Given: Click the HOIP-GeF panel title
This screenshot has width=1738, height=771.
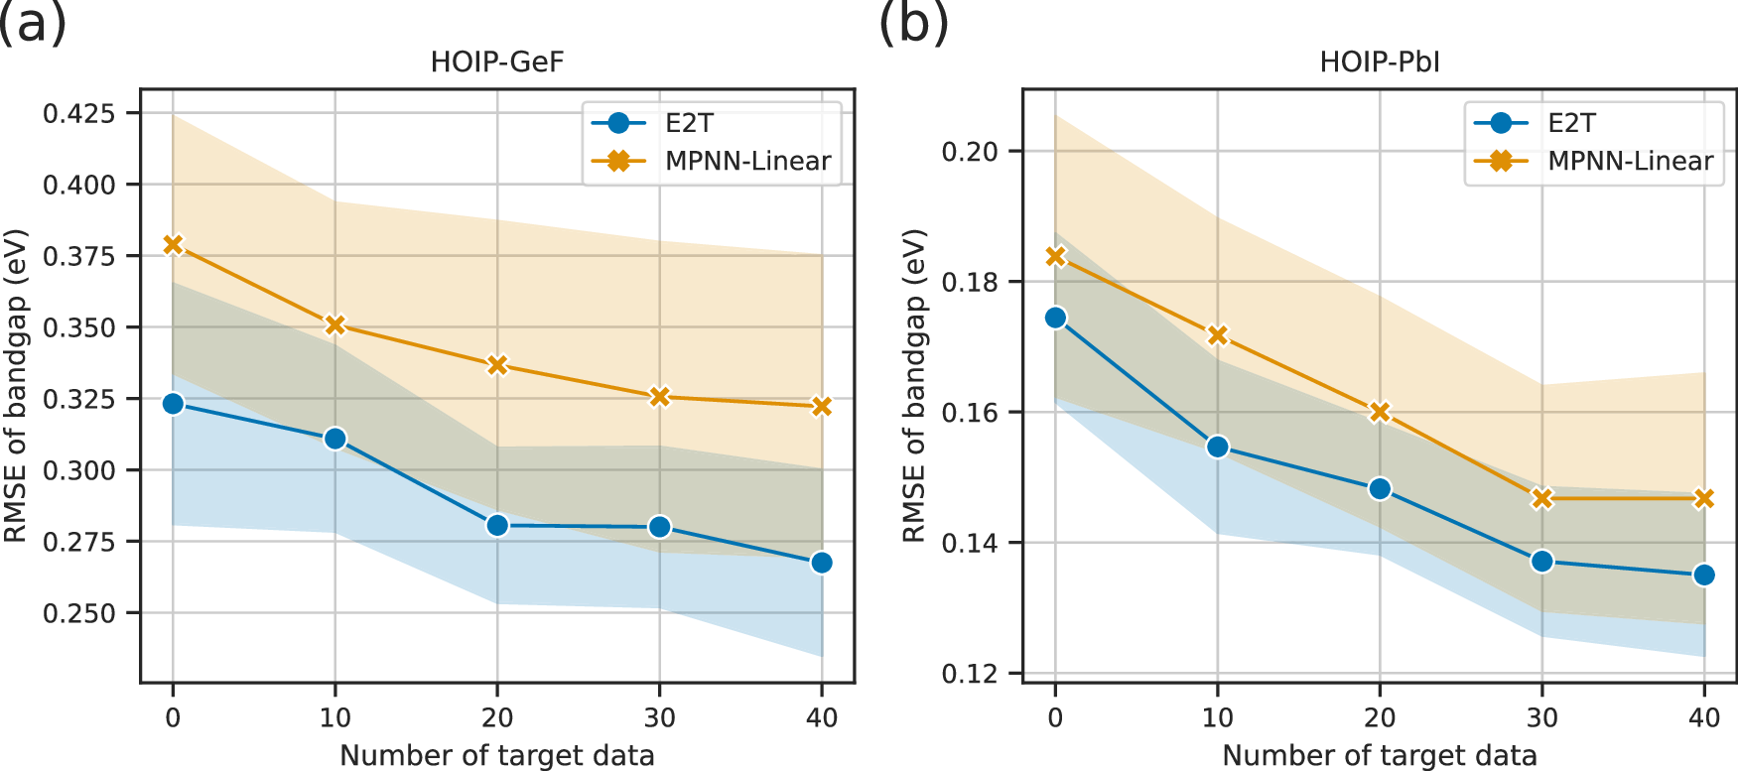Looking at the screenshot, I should click(x=496, y=63).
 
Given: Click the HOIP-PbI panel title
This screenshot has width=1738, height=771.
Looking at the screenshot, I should click(x=1379, y=63).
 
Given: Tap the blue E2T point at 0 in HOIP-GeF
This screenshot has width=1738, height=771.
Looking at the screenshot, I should click(x=173, y=404).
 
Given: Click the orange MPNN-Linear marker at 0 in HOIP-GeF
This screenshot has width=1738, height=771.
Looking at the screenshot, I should click(x=173, y=244).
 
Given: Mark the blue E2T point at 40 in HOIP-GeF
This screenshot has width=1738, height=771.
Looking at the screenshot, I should click(x=821, y=563).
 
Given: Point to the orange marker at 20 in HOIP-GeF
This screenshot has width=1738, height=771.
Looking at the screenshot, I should click(x=497, y=365).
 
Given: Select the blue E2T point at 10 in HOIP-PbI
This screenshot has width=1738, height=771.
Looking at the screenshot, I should click(x=1218, y=448).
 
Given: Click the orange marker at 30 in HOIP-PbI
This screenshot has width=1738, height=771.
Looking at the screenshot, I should click(x=1541, y=498).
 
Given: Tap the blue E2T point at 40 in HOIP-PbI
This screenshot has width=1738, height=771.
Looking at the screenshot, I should click(x=1704, y=576).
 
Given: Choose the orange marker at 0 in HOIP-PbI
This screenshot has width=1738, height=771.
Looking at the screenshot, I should click(x=1055, y=257).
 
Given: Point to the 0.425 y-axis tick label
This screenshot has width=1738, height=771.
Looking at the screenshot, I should click(x=78, y=113).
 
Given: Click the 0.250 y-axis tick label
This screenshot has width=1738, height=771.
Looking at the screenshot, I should click(x=78, y=613).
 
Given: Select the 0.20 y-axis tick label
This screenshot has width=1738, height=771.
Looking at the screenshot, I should click(x=969, y=152).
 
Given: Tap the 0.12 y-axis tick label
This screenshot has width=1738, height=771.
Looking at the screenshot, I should click(x=969, y=674).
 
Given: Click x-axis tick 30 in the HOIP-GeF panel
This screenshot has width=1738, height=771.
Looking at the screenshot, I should click(x=659, y=716).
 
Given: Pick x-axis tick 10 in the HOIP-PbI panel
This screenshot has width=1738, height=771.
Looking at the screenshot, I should click(x=1218, y=716).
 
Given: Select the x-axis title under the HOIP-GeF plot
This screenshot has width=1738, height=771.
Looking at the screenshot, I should click(x=496, y=755).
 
